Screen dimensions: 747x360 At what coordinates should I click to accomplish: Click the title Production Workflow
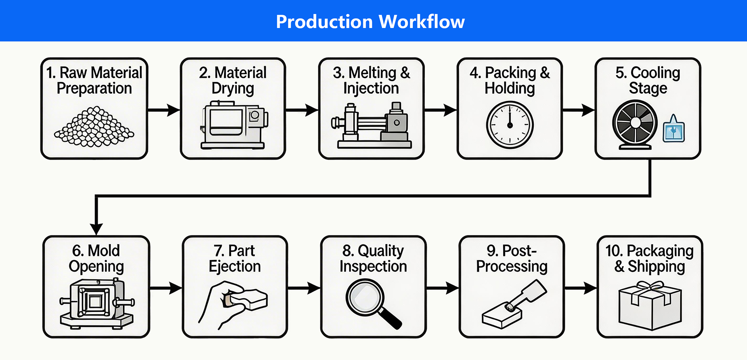pyautogui.click(x=370, y=21)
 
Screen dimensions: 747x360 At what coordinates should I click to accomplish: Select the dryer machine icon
pyautogui.click(x=234, y=125)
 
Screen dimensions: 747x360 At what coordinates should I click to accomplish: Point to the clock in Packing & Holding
pyautogui.click(x=510, y=125)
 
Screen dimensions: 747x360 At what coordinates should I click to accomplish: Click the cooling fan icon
pyautogui.click(x=635, y=125)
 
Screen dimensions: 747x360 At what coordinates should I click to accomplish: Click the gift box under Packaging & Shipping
pyautogui.click(x=650, y=306)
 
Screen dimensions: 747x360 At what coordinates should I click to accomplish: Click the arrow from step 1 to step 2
pyautogui.click(x=164, y=110)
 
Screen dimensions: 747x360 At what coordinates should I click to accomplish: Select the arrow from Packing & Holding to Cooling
pyautogui.click(x=579, y=110)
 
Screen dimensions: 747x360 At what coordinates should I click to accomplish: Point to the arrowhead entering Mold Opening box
pyautogui.click(x=96, y=229)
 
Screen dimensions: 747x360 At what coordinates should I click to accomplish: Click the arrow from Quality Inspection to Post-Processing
pyautogui.click(x=443, y=288)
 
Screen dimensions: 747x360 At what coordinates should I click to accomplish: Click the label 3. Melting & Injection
pyautogui.click(x=371, y=81)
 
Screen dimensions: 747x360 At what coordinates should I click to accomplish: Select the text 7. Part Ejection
pyautogui.click(x=235, y=258)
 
